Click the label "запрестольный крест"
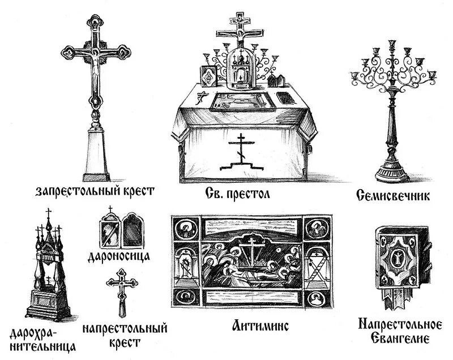95,191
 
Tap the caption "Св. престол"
238,194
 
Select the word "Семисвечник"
393,196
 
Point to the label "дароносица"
119,256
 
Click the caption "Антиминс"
260,325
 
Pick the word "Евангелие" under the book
400,338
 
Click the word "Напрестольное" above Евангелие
400,324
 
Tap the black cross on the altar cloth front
242,152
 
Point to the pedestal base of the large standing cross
96,155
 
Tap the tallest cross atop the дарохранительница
49,213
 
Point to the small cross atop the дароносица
110,209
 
